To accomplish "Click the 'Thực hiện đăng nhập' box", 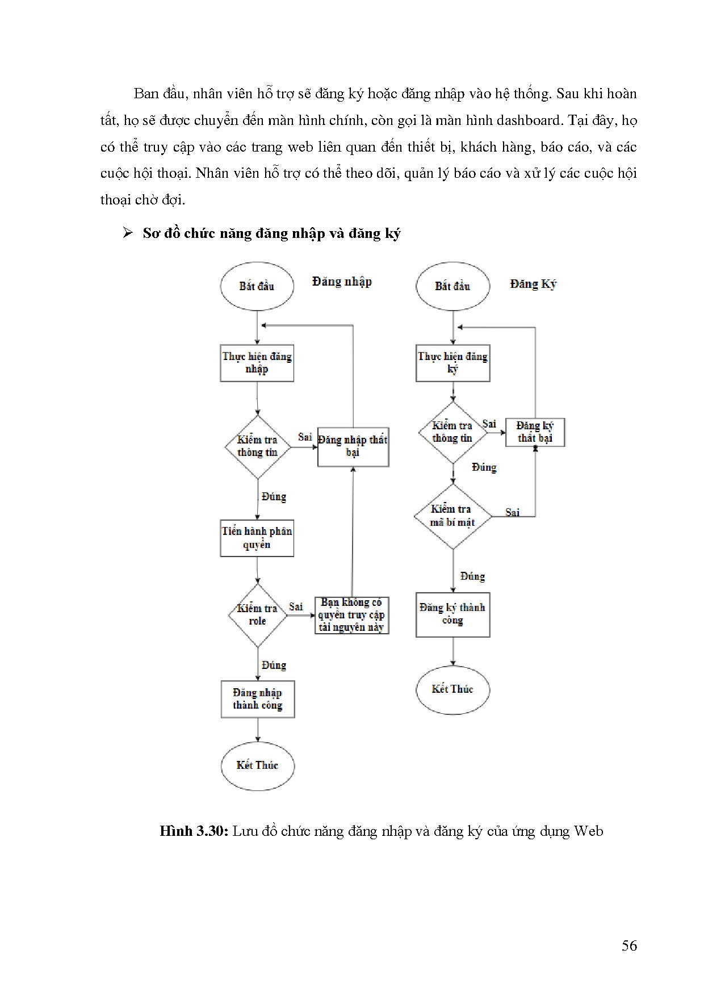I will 257,363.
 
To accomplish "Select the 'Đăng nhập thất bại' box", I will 353,446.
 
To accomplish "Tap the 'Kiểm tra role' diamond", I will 257,615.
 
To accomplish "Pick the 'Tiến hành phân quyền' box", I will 257,538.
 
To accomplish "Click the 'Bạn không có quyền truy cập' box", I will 351,615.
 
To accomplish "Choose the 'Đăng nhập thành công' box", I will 258,699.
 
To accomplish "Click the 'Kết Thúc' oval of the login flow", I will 258,765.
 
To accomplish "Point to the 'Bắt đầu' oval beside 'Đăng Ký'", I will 452,286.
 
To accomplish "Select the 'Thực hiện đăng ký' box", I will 452,363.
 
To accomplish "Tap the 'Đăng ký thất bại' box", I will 535,432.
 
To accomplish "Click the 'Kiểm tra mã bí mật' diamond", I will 452,516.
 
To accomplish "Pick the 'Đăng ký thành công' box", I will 452,614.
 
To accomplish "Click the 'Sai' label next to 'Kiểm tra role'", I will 296,606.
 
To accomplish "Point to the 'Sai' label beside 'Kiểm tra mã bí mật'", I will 513,512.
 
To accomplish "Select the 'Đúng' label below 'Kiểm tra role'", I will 274,665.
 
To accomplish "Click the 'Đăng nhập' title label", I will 342,282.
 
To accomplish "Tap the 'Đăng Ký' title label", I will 533,284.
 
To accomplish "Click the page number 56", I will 629,945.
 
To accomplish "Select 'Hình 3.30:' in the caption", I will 194,831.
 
